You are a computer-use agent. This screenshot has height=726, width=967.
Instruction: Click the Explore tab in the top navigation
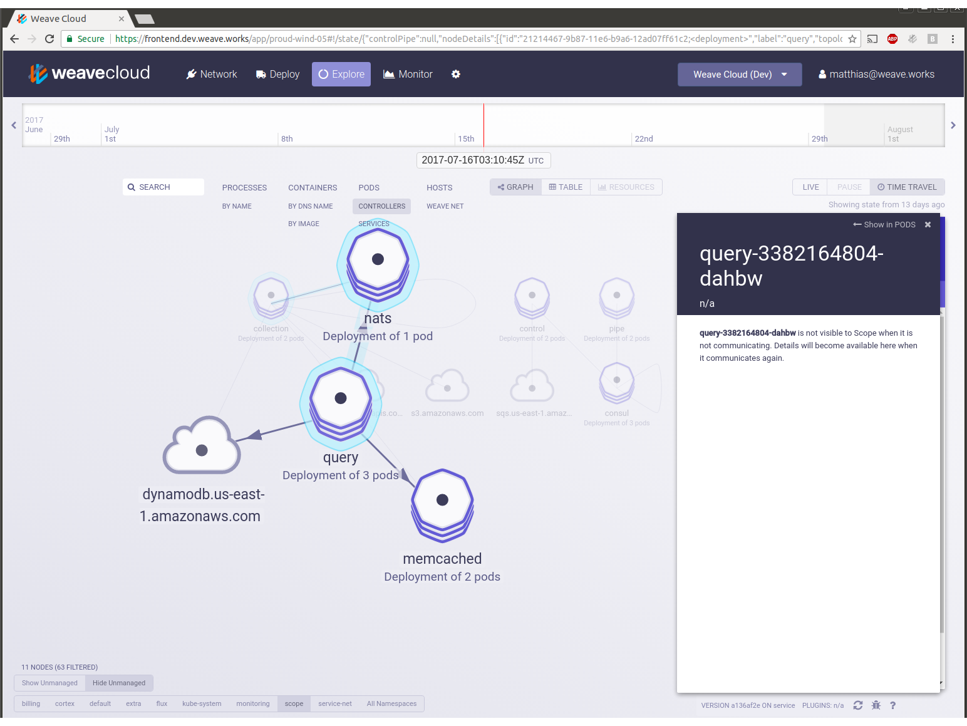pos(341,74)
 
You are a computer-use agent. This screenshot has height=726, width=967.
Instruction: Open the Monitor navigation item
pos(408,74)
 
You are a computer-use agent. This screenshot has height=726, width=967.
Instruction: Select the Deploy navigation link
pos(278,74)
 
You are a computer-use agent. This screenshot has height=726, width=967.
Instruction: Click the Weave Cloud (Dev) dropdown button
pos(740,74)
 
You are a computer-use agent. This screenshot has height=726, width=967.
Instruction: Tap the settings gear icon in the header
pos(456,74)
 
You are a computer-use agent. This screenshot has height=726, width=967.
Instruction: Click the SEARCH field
pos(163,187)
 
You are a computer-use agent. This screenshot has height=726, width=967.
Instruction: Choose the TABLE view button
pos(566,187)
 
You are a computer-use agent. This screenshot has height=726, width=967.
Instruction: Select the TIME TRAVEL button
pos(907,187)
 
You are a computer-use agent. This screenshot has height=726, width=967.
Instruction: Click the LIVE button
pos(810,187)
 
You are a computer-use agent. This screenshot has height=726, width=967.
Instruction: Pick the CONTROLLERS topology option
pos(381,206)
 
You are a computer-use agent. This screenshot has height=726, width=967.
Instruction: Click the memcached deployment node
pos(442,500)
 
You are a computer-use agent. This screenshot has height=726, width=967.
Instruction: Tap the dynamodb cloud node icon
pos(202,447)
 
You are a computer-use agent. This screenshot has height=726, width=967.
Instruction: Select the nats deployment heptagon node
pos(378,260)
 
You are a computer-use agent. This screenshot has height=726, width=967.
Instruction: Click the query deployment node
pos(341,398)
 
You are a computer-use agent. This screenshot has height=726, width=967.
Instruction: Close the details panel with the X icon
pos(928,225)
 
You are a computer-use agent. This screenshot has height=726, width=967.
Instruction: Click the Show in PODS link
pos(884,225)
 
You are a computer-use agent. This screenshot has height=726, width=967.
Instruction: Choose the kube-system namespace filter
pos(202,703)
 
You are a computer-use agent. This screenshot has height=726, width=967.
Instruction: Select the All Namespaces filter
pos(391,703)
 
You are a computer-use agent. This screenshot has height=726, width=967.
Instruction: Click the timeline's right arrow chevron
pos(953,125)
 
